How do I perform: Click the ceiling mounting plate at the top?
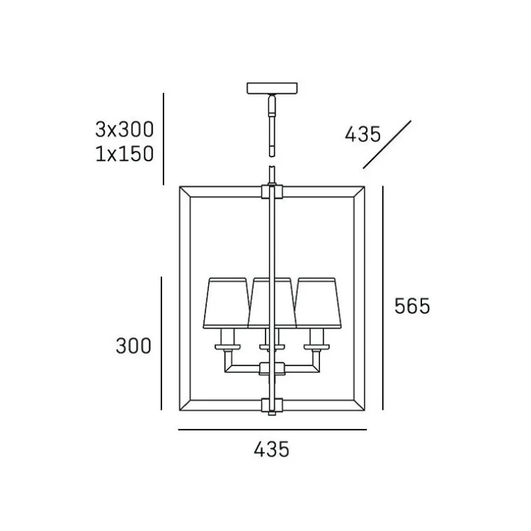pos(272,88)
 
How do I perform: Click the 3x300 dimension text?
pos(124,130)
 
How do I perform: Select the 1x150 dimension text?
pos(124,154)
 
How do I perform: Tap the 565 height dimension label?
pos(412,305)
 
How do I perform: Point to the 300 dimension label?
pos(133,345)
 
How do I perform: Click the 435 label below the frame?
pos(272,450)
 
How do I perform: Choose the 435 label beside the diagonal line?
pos(363,134)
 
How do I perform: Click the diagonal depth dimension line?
pos(387,144)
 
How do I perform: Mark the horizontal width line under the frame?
pos(272,430)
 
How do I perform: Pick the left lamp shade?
pos(227,303)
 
